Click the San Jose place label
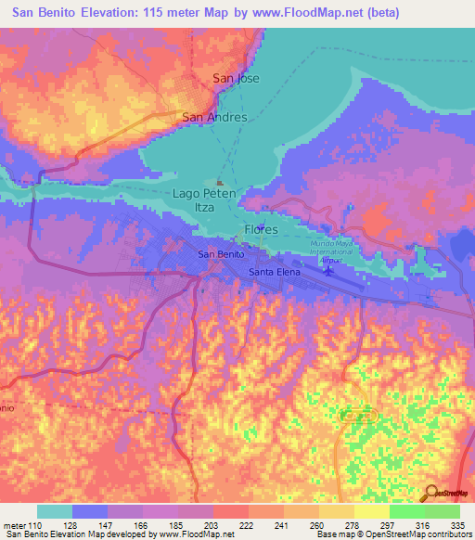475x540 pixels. [237, 79]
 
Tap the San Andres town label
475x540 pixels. [214, 117]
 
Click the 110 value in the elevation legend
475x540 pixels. [35, 524]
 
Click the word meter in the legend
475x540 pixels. [14, 524]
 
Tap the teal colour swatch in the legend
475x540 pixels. [55, 511]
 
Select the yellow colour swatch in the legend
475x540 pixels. [371, 511]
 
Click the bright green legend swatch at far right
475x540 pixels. [442, 511]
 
